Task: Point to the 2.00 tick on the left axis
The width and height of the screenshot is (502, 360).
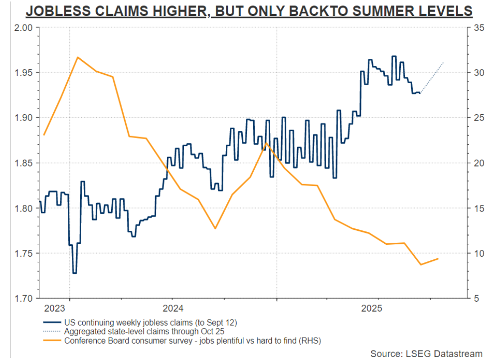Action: [23, 27]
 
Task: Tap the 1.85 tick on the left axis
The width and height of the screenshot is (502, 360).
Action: [23, 163]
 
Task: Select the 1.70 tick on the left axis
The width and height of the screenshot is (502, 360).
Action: [23, 299]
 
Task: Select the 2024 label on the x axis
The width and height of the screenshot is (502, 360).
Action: [173, 308]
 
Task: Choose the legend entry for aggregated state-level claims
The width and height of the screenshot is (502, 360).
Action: [145, 332]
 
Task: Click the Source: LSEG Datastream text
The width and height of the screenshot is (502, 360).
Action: [426, 353]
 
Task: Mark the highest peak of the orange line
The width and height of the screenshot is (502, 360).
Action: [78, 57]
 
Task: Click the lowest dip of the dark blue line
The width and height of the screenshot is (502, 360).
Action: [74, 273]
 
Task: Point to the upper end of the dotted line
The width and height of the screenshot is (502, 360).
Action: [443, 62]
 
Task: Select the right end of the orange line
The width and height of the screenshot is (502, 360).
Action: [438, 259]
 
